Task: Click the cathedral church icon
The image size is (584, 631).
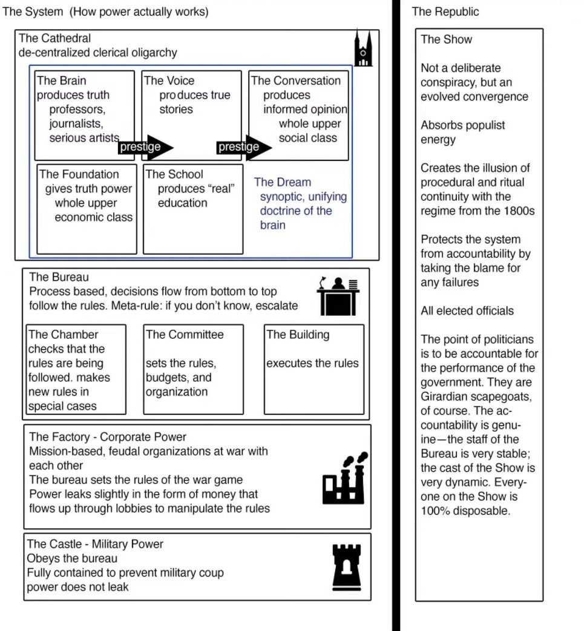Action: (x=363, y=48)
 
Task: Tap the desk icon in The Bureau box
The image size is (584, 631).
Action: (x=338, y=296)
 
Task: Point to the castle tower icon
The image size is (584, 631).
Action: (x=347, y=567)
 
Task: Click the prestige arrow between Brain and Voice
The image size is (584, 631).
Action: (x=146, y=146)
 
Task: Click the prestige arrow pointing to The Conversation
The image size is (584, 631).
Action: (x=244, y=146)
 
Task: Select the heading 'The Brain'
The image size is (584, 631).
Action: (x=62, y=80)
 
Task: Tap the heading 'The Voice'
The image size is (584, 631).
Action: (x=169, y=80)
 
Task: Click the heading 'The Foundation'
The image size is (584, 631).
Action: (x=79, y=174)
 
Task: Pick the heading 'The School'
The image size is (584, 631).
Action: (x=175, y=174)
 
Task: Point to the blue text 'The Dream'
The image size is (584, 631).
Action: (x=283, y=182)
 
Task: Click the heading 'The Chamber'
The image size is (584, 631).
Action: (x=63, y=335)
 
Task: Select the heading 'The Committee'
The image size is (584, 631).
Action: (x=185, y=335)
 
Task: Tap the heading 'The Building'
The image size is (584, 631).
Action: (x=298, y=335)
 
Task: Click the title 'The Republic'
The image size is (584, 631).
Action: (x=445, y=11)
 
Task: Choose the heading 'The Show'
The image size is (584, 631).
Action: (x=447, y=39)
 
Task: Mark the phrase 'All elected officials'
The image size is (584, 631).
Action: (x=467, y=311)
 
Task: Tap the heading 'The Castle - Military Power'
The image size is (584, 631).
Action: (x=95, y=544)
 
